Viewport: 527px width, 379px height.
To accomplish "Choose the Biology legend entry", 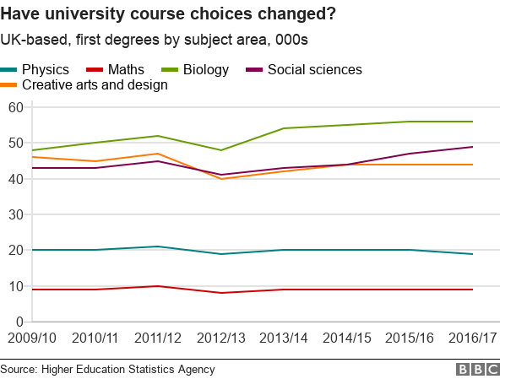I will click(x=200, y=69).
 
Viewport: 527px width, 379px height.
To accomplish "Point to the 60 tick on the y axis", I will click(x=14, y=107).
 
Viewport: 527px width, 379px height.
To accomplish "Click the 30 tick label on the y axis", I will click(x=14, y=214).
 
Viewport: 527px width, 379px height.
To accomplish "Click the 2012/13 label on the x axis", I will click(x=220, y=338).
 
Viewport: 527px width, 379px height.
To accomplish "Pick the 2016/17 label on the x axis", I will click(x=471, y=338).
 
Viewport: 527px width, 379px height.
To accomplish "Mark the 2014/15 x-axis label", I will click(x=346, y=338).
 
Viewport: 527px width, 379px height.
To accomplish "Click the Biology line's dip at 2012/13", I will click(x=220, y=150).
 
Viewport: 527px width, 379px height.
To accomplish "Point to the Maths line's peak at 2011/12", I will click(x=157, y=286).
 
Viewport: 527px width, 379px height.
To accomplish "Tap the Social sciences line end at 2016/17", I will click(x=472, y=147).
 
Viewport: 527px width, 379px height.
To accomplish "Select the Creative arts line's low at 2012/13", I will click(x=220, y=179).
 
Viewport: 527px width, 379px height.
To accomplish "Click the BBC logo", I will click(x=478, y=369).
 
